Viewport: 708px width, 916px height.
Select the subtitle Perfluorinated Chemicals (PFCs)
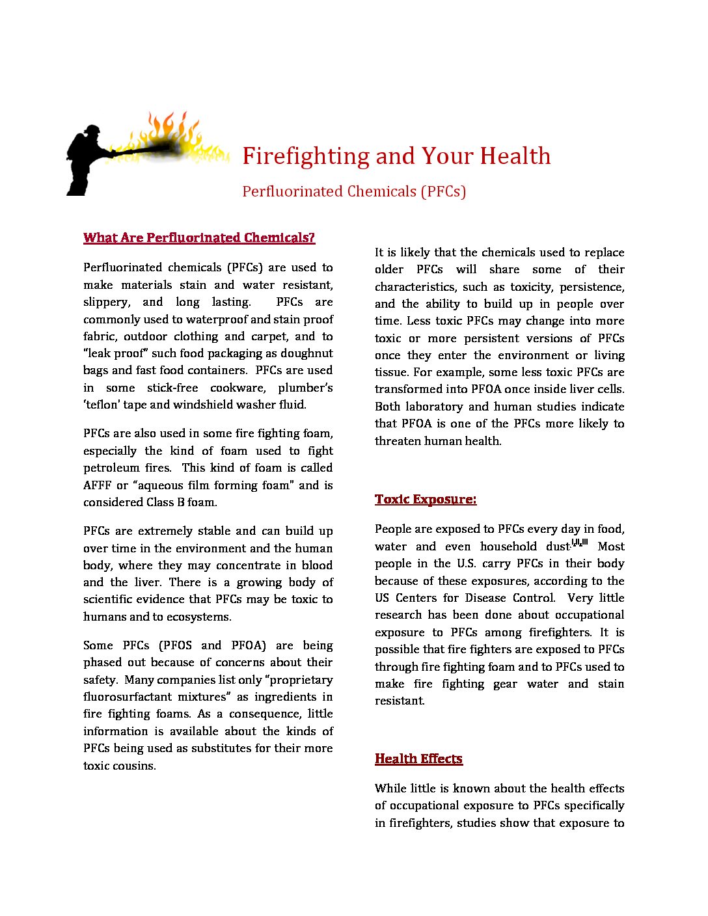click(x=354, y=191)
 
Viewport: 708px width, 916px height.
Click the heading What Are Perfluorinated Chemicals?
click(x=199, y=237)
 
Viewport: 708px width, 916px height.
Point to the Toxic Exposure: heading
click(x=426, y=499)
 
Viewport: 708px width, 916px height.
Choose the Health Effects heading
click(x=418, y=759)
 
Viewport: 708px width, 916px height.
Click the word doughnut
click(x=306, y=353)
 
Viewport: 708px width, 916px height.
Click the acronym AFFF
click(x=96, y=485)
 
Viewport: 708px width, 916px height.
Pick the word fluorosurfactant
click(x=127, y=697)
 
